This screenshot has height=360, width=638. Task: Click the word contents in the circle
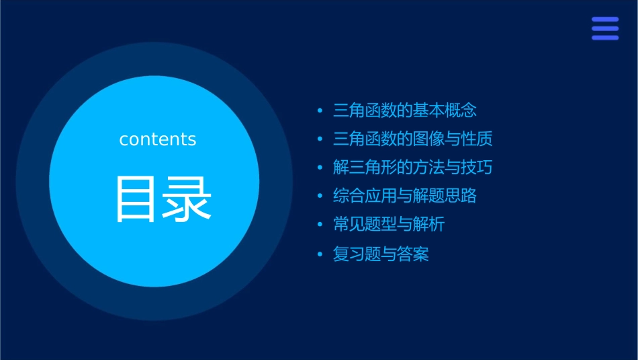click(158, 139)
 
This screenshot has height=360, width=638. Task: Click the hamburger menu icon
click(604, 28)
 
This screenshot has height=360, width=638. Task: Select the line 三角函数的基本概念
click(404, 110)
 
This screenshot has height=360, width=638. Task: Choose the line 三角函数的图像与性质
click(412, 139)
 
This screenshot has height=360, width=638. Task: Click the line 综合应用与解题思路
click(404, 196)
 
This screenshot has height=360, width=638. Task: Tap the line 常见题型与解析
click(388, 225)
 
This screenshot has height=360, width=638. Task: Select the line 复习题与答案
click(380, 254)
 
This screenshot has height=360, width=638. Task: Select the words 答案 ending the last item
click(412, 254)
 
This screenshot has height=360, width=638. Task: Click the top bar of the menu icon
click(604, 20)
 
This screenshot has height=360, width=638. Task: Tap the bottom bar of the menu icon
click(604, 38)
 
